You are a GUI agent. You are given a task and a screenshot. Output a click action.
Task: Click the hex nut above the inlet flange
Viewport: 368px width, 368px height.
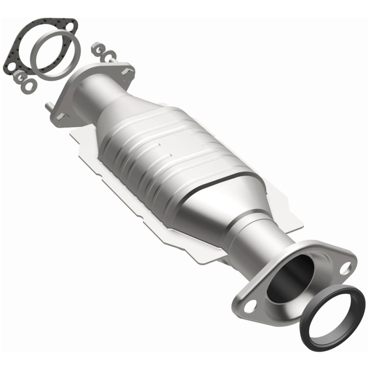coord(97,49)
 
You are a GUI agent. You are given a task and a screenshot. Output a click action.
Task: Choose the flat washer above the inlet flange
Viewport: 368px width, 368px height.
coord(110,55)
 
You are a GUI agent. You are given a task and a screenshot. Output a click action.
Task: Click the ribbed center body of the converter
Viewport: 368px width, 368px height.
coord(172,149)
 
